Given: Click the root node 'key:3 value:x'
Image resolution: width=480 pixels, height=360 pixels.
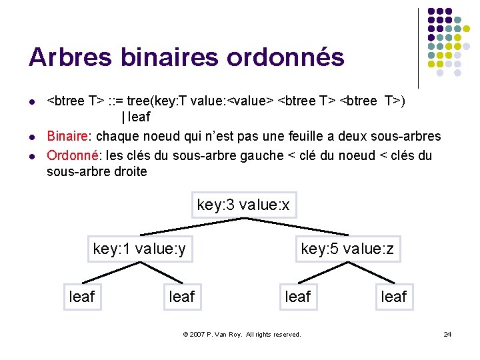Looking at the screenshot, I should click(243, 205).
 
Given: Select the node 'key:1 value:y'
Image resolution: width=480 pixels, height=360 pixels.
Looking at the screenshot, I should click(139, 249).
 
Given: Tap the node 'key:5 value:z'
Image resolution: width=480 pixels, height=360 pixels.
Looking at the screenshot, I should click(347, 249).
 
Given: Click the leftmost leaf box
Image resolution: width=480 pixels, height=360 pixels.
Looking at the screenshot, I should click(82, 296).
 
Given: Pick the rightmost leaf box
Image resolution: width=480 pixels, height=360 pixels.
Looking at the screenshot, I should click(393, 296).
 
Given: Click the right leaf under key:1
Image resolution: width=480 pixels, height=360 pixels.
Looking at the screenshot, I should click(182, 296).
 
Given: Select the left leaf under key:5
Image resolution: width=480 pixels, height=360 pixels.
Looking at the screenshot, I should click(297, 296).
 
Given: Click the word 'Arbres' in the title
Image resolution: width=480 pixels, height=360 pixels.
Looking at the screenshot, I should click(71, 57).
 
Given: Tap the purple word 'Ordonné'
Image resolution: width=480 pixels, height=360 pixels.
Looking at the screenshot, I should click(71, 155).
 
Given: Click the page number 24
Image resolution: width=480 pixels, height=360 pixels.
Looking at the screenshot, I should click(447, 334).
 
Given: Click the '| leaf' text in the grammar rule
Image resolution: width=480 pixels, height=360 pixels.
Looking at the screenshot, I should click(136, 117).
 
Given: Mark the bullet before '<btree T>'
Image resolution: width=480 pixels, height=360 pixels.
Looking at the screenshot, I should click(31, 102).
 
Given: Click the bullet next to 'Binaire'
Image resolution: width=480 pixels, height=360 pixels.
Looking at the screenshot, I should click(31, 137).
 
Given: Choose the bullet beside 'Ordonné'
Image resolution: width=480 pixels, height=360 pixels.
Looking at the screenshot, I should click(31, 156).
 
